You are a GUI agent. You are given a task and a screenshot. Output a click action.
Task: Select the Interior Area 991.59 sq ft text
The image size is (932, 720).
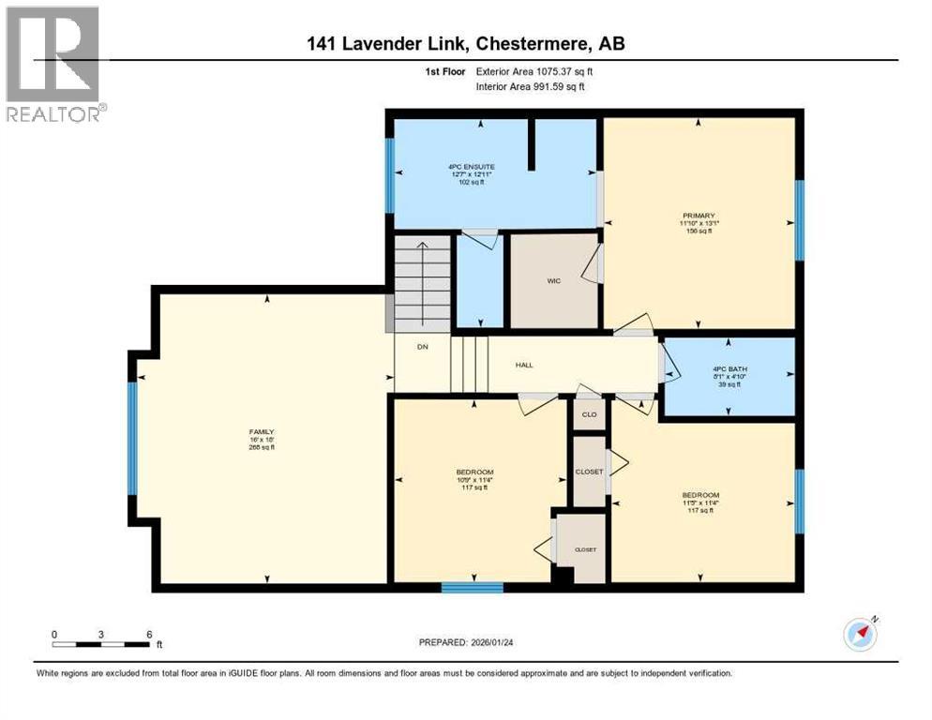[x=530, y=86]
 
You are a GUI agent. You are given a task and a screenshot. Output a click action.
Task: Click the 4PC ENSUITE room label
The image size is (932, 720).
[x=465, y=166]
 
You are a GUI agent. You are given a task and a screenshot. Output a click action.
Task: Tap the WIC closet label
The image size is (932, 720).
[x=553, y=279]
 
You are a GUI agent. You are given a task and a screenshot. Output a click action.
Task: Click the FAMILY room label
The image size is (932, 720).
[x=261, y=432]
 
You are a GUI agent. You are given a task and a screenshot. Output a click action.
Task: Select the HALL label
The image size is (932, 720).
[x=525, y=365]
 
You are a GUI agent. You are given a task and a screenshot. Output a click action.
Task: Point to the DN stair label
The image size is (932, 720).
[x=422, y=346]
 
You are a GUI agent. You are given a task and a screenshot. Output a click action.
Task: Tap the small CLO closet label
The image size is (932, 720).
[x=589, y=413]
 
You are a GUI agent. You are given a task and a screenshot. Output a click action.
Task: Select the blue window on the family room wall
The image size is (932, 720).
[x=132, y=438]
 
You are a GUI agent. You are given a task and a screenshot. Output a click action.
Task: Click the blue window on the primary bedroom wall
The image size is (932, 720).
[x=800, y=219]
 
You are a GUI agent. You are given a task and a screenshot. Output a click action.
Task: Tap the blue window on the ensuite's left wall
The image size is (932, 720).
[x=389, y=174]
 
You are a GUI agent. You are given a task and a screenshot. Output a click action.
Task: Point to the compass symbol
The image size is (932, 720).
[x=859, y=635]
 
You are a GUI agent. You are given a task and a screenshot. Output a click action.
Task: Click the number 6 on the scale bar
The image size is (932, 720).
[x=149, y=634]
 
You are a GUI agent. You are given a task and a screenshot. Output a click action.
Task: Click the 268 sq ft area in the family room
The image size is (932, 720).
[x=261, y=447]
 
